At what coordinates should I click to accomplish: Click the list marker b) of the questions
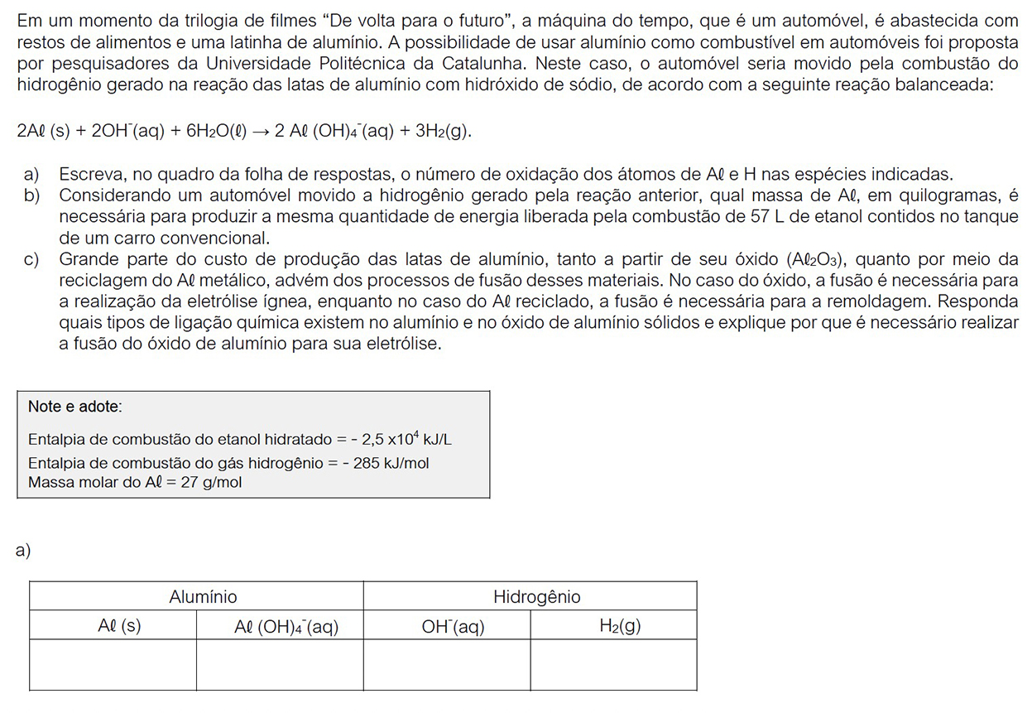(32, 195)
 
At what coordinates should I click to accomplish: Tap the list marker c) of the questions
(32, 259)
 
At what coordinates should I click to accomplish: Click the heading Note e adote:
(75, 407)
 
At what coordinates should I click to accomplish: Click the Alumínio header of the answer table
(203, 597)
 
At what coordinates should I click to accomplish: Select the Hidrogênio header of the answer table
(536, 597)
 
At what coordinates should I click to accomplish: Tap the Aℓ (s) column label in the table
(118, 627)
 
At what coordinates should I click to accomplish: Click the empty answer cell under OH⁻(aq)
(447, 665)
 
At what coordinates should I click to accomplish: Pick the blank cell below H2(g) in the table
(613, 665)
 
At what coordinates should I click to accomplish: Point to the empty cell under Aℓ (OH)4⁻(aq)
(280, 665)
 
